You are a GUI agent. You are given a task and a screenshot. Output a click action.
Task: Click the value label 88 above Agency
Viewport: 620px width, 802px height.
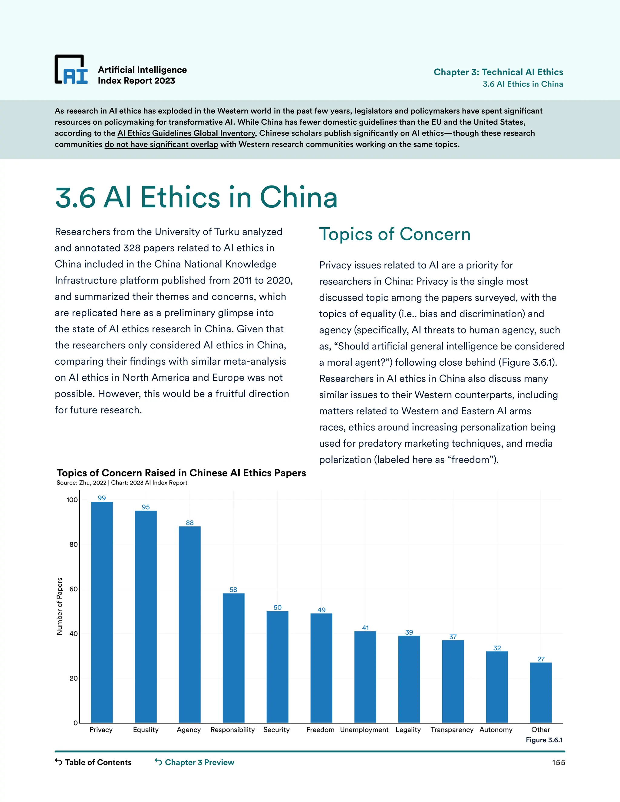tap(190, 523)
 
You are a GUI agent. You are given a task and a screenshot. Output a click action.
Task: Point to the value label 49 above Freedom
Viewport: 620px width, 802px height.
tap(322, 610)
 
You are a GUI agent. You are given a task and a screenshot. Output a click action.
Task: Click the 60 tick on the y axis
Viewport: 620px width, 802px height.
tap(74, 589)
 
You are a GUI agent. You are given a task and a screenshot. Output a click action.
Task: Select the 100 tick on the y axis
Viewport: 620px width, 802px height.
tap(72, 500)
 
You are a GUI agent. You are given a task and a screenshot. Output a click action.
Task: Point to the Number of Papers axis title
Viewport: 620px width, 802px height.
tap(60, 606)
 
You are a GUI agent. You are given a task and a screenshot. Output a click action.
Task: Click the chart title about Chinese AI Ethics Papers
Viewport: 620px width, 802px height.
tap(181, 473)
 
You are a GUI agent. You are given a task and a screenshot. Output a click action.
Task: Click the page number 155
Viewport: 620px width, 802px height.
tap(558, 763)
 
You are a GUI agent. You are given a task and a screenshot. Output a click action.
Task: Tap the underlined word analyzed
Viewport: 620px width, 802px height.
tap(262, 232)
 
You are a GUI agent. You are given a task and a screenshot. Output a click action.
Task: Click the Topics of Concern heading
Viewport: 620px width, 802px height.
tap(394, 234)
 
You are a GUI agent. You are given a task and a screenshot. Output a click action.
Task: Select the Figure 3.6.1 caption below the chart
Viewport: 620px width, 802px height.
tap(544, 740)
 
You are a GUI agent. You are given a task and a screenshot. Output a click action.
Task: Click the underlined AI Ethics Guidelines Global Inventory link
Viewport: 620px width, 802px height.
tap(186, 133)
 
